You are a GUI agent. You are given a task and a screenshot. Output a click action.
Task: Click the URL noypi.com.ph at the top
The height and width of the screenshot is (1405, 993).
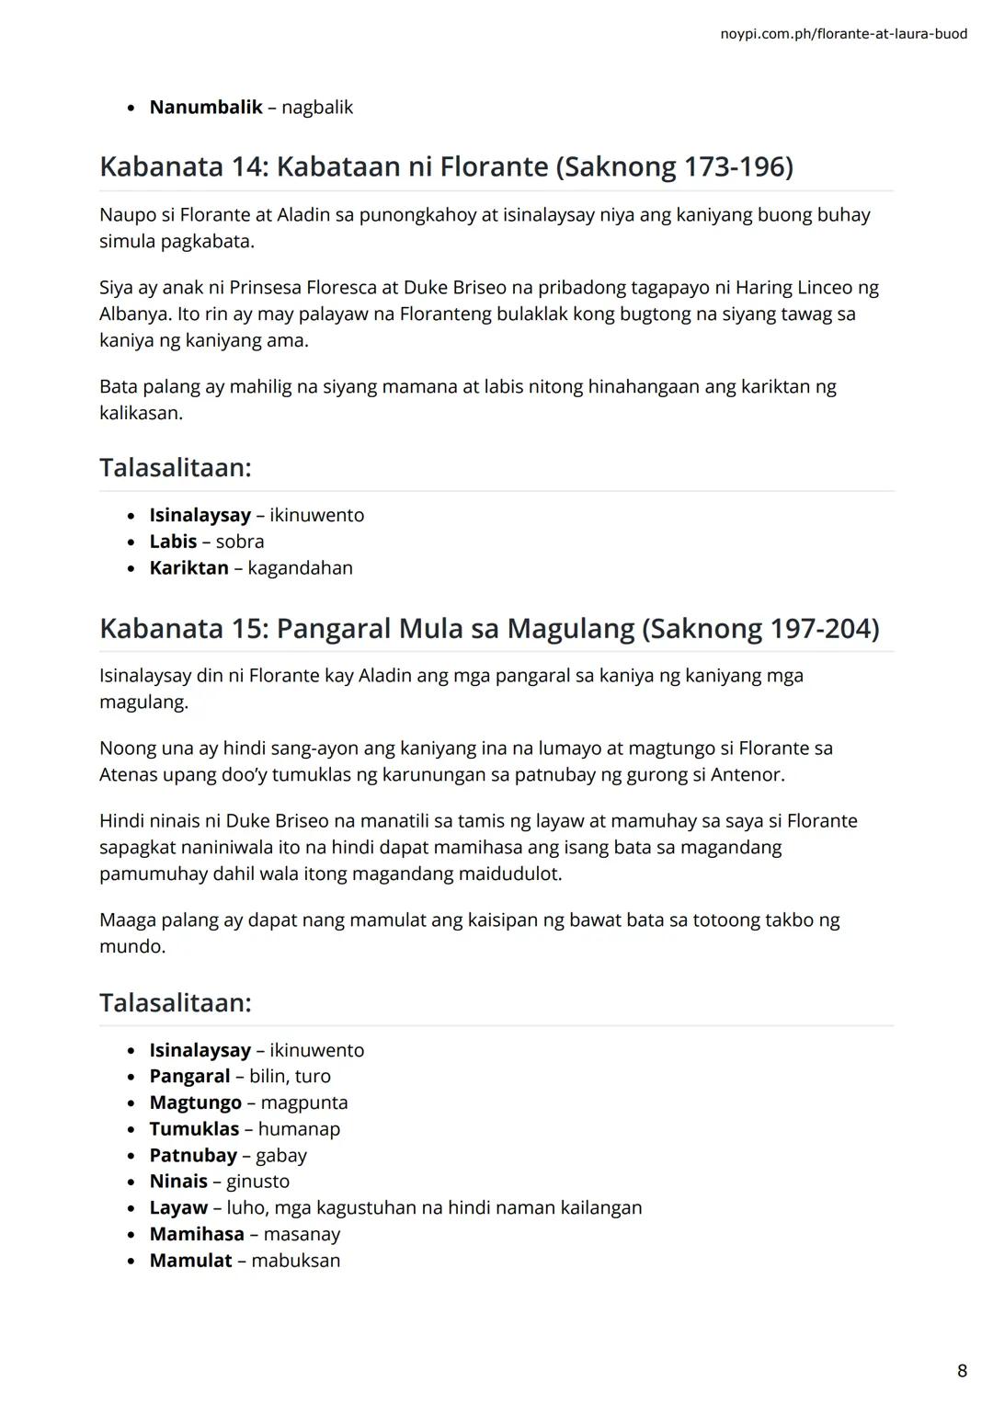[x=843, y=34]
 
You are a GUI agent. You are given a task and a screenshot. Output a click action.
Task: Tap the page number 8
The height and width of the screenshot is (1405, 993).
[x=962, y=1371]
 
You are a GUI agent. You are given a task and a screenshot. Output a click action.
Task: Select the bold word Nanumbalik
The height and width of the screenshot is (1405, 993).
[x=206, y=108]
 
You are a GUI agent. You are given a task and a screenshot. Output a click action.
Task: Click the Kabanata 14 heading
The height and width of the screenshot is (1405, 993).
[x=446, y=166]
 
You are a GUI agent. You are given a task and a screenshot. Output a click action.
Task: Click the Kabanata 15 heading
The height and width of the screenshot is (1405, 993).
[x=488, y=628]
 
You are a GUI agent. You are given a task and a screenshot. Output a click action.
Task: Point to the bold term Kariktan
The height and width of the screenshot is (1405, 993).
[x=188, y=568]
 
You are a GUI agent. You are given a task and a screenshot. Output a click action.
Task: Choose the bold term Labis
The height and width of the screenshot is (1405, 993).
[x=173, y=542]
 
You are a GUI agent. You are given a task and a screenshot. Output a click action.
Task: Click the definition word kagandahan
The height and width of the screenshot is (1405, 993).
[x=300, y=568]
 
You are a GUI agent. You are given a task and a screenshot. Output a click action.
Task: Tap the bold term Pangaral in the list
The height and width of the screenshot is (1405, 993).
[x=189, y=1077]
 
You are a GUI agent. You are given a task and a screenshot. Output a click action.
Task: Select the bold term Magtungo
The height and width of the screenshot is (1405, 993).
[x=195, y=1102]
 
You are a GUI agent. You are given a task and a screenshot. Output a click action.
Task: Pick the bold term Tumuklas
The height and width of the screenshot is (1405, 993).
[x=194, y=1129]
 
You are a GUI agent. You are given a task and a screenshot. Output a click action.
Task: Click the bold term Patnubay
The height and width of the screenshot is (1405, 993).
[x=193, y=1156]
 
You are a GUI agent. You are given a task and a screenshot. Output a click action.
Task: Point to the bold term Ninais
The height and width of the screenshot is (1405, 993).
[x=178, y=1182]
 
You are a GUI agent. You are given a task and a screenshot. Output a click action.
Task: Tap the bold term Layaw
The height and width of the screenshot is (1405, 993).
[x=178, y=1208]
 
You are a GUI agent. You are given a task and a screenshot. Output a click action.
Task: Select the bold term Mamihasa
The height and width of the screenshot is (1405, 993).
[x=197, y=1234]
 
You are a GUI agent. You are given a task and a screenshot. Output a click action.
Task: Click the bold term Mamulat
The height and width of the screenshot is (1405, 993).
[x=190, y=1261]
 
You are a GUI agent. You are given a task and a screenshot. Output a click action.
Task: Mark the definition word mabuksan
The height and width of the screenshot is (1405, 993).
[x=295, y=1261]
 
